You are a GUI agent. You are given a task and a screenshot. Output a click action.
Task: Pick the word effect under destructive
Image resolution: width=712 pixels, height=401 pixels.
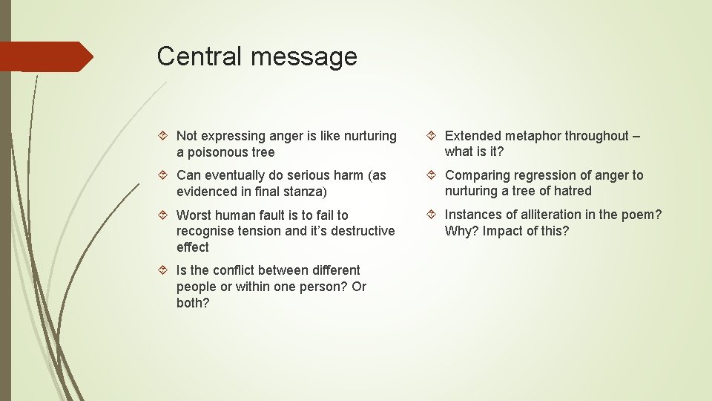click(193, 247)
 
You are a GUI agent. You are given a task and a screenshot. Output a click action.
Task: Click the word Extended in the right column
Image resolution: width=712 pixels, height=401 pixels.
click(473, 136)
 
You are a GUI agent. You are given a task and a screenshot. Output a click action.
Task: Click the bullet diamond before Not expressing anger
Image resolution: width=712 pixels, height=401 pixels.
click(164, 136)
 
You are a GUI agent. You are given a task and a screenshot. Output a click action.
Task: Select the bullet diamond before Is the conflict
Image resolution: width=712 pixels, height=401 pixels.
click(164, 270)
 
